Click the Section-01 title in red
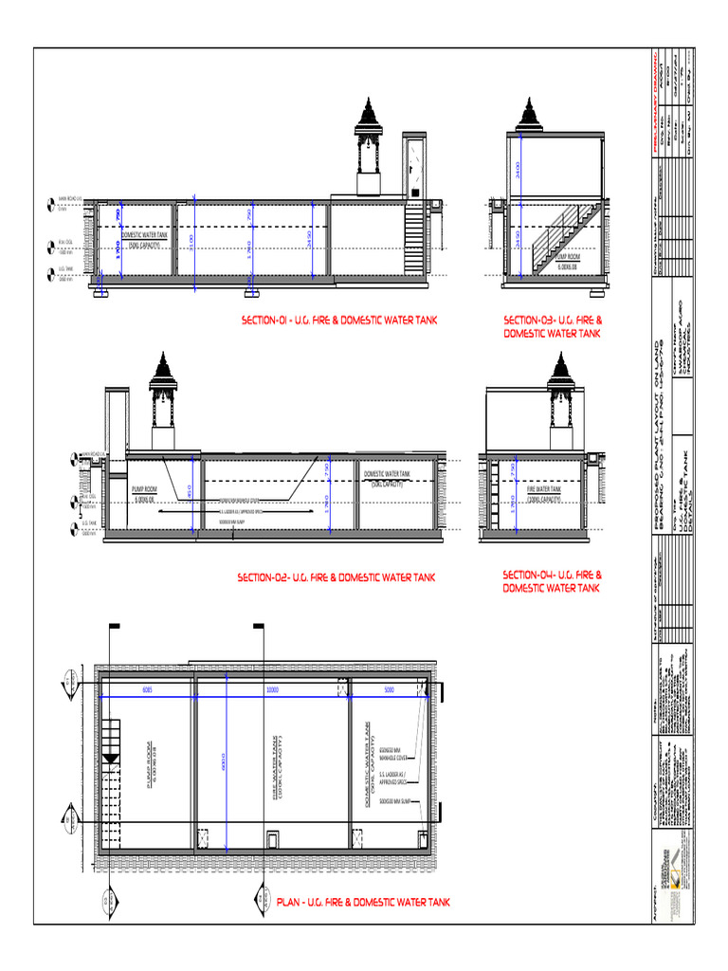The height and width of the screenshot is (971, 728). click(x=338, y=321)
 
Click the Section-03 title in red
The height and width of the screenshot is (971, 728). click(x=553, y=326)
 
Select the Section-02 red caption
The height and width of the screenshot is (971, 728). click(x=337, y=577)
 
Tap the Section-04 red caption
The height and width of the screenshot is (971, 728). click(x=553, y=580)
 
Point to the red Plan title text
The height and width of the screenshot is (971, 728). click(x=363, y=902)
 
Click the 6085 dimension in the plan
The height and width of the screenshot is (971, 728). click(x=147, y=690)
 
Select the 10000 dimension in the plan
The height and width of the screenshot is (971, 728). click(x=272, y=690)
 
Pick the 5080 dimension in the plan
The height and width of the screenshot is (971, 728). click(x=389, y=690)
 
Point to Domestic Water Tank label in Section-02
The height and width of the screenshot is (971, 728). click(x=387, y=477)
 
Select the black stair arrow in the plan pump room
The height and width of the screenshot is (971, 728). click(x=111, y=759)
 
